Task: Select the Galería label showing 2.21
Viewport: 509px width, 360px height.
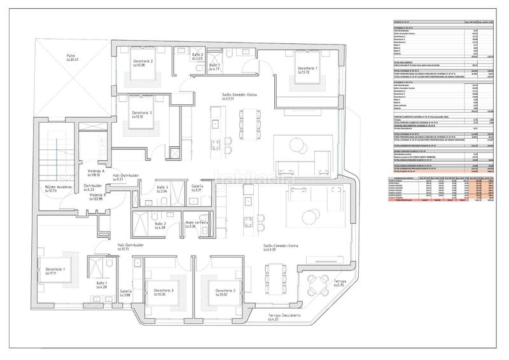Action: pos(197,188)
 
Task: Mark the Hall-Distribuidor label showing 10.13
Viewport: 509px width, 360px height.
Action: pos(132,247)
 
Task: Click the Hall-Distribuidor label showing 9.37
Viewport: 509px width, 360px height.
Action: pos(126,177)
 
